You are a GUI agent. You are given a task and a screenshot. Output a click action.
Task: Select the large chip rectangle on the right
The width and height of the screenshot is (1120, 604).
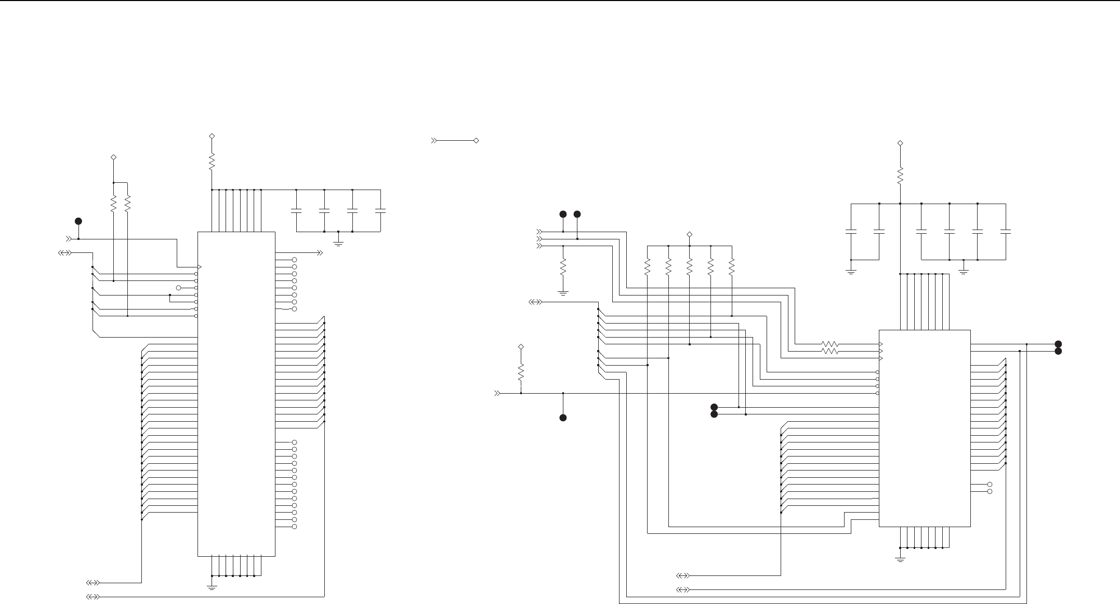[924, 428]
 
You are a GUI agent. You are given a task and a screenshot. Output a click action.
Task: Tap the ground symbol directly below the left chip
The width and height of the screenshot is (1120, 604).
[212, 587]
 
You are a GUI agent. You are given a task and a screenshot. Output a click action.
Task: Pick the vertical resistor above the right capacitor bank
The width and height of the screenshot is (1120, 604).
[900, 175]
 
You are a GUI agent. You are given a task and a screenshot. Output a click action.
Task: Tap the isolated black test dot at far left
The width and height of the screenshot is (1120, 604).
[78, 221]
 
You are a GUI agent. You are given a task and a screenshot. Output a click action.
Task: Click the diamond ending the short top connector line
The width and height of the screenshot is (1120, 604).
[476, 140]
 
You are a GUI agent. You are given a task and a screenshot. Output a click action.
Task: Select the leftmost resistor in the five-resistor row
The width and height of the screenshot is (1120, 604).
[648, 267]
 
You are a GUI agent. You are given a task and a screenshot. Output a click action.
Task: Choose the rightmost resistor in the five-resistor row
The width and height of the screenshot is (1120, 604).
[731, 267]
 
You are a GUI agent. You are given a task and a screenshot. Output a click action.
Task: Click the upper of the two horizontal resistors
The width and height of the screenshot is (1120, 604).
[830, 344]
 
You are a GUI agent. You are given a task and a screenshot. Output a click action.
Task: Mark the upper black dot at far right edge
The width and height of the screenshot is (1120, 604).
[1058, 344]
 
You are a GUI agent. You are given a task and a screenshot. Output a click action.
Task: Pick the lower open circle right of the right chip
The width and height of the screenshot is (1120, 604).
[990, 491]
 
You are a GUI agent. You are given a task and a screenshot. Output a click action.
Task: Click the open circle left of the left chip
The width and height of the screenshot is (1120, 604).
[179, 288]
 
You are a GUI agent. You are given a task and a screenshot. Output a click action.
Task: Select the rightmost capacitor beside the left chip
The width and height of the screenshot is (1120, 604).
[380, 211]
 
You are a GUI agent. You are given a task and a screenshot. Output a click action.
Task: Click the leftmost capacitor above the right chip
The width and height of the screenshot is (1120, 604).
[851, 232]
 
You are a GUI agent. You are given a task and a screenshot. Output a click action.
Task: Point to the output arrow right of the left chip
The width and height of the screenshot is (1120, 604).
[320, 253]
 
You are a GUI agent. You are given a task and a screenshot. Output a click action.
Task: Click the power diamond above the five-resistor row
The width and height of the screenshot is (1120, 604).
[690, 234]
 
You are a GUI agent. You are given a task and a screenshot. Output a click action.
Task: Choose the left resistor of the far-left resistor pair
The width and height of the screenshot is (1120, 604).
[113, 204]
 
